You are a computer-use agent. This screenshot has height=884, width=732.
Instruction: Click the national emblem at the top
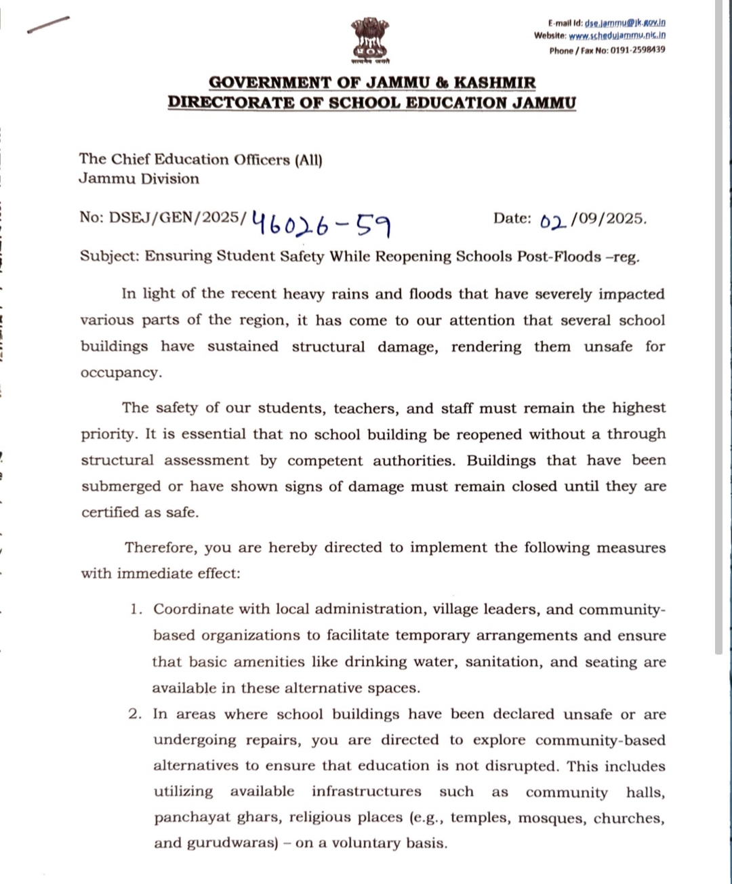click(369, 41)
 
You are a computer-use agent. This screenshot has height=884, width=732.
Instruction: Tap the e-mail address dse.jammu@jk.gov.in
click(625, 22)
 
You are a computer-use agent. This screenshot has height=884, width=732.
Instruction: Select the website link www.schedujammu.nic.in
click(617, 35)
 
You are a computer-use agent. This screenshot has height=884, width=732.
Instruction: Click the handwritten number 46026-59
click(321, 223)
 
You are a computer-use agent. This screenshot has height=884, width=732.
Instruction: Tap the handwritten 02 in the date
click(553, 221)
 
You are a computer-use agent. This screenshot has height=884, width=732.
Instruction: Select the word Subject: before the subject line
click(110, 256)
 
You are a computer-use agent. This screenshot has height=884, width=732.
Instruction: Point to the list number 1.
click(136, 609)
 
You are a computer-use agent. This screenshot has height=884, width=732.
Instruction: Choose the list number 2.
click(136, 714)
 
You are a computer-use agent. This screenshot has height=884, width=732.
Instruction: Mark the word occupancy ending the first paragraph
click(121, 373)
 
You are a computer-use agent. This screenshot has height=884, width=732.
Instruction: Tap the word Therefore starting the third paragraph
click(161, 547)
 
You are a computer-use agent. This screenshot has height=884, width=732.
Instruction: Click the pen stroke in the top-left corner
click(48, 24)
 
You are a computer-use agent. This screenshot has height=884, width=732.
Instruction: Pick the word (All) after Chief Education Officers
click(308, 160)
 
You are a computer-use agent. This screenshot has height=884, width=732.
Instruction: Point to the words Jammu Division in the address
click(139, 179)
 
